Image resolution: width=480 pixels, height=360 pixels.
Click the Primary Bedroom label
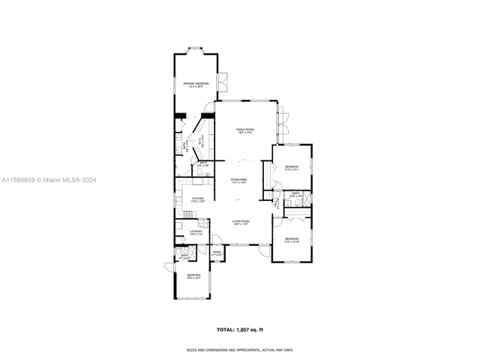[x=196, y=85]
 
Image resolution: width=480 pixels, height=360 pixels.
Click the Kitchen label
[x=198, y=200]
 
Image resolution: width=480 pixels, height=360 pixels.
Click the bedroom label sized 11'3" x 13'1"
[x=291, y=168]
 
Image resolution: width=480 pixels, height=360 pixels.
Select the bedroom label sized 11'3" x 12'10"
[x=292, y=240]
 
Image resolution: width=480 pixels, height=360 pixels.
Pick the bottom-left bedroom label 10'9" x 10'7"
[x=193, y=277]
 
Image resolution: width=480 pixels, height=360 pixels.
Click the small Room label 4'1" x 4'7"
[x=217, y=253]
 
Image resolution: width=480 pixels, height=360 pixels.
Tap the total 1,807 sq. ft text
[x=239, y=329]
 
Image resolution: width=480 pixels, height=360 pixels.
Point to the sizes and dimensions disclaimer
[x=239, y=349]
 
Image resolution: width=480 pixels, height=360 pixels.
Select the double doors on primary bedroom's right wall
[x=223, y=79]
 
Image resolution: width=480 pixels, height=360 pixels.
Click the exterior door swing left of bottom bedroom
[x=169, y=268]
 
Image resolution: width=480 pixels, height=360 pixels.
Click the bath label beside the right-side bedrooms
[x=295, y=194]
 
